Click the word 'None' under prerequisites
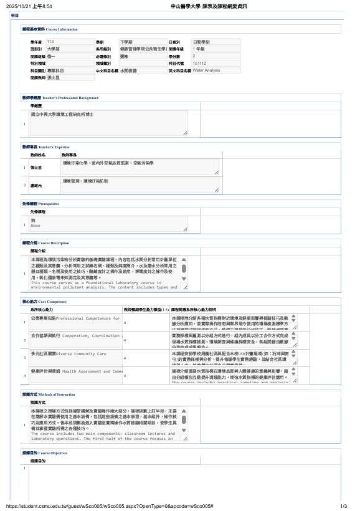pyautogui.click(x=36, y=226)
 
